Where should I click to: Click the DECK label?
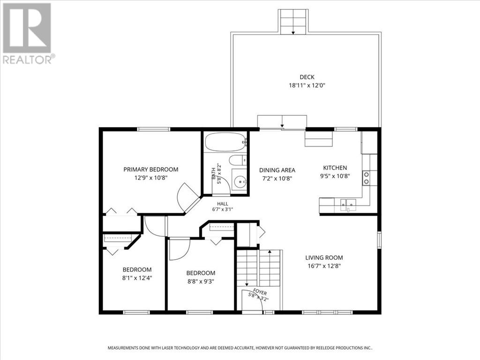point(307,77)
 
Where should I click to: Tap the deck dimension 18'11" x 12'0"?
point(307,85)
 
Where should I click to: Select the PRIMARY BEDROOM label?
point(150,169)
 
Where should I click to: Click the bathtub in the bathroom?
point(225,142)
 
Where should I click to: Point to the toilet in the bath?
point(238,160)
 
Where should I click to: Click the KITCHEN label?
point(335,168)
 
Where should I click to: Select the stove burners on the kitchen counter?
point(366,178)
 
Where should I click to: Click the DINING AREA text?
point(277,170)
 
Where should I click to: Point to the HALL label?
point(223,204)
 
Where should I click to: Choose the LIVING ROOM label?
point(324,258)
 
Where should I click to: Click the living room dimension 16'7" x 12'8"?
point(324,266)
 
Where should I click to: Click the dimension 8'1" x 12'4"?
point(137,278)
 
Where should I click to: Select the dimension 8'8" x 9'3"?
point(201,281)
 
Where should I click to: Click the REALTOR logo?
point(28,33)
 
